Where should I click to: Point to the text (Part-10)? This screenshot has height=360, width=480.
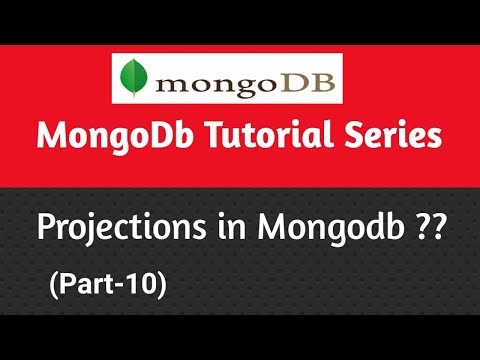click(106, 285)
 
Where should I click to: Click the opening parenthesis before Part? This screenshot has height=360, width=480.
click(52, 285)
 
